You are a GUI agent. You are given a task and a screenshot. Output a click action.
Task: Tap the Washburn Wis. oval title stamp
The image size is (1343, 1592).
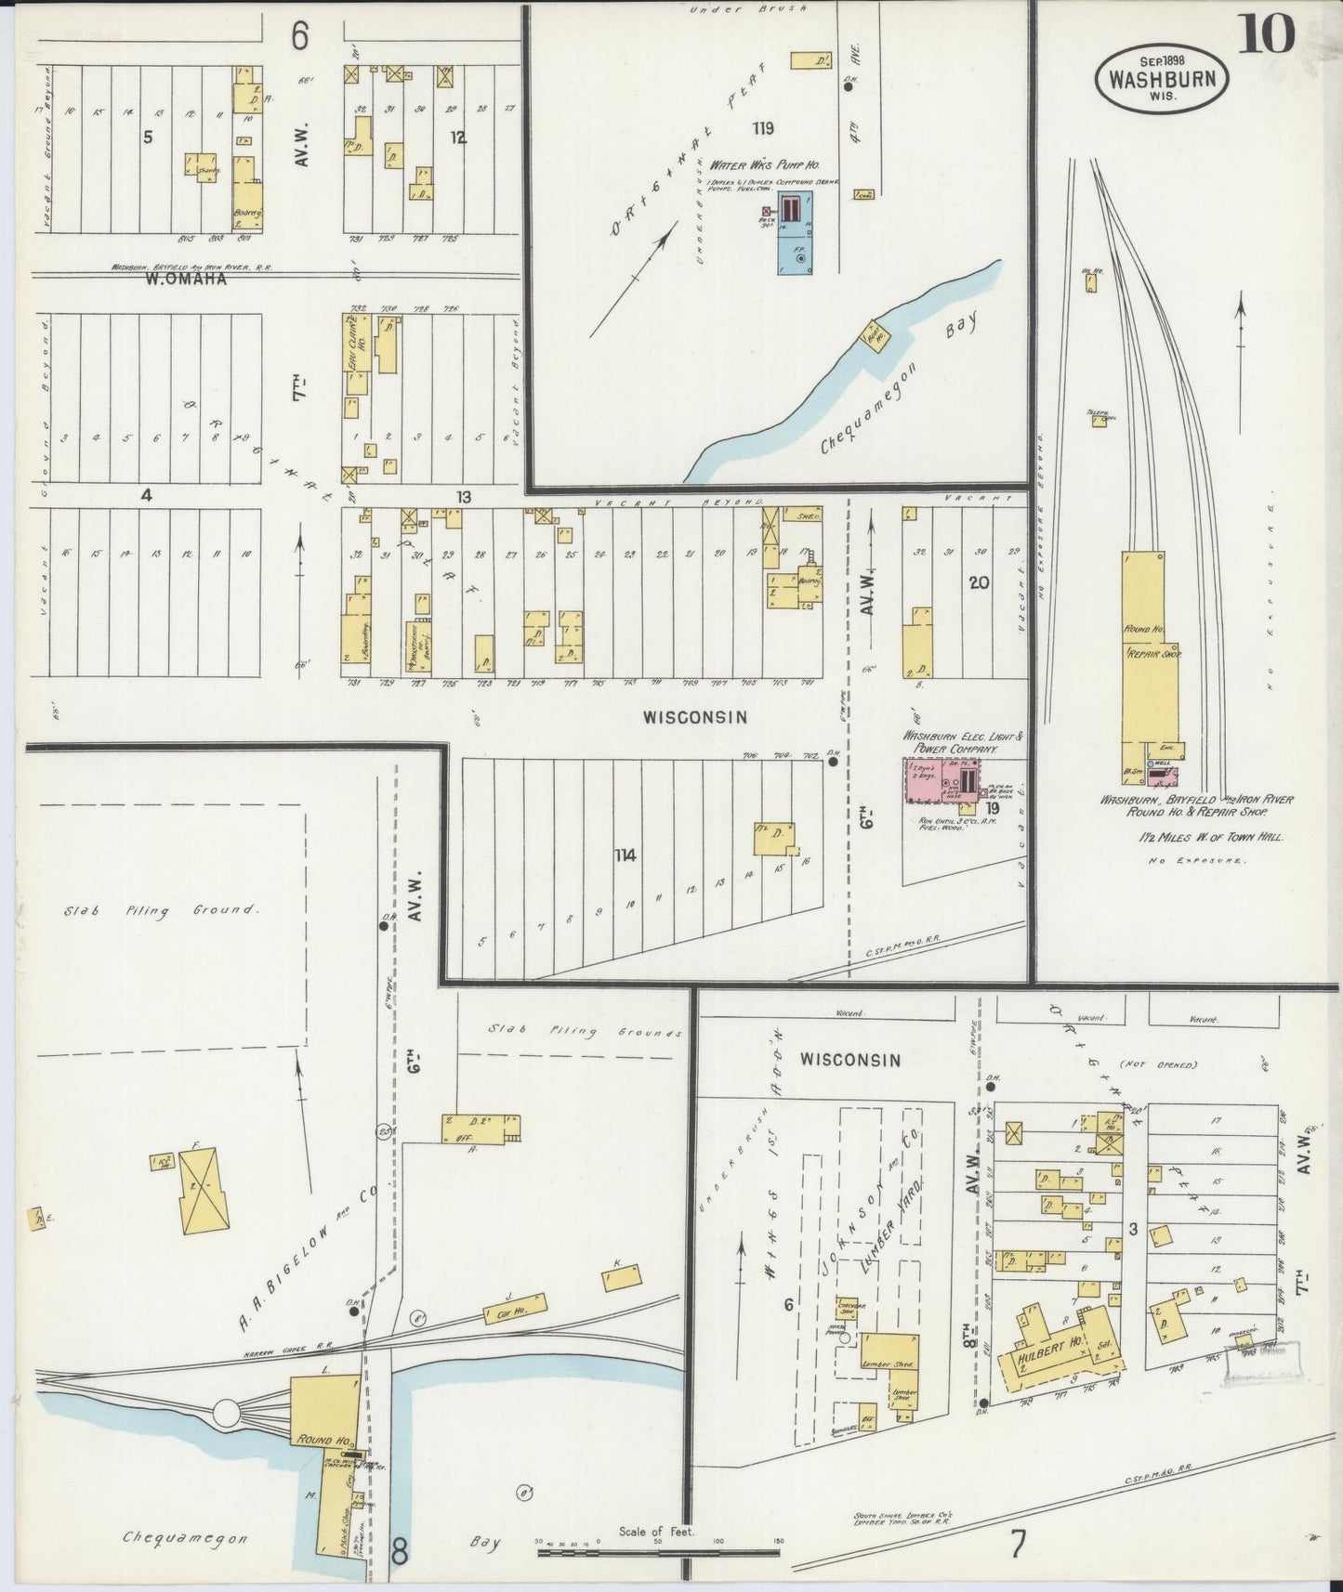point(1162,79)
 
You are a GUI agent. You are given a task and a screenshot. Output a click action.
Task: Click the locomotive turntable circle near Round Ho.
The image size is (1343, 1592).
point(227,1414)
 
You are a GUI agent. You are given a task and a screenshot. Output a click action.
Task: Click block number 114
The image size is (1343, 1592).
point(624,855)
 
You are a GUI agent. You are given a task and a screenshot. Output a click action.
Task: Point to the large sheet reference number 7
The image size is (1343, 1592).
point(1019,1545)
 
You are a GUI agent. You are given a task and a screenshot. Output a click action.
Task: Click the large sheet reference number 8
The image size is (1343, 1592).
point(399,1550)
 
